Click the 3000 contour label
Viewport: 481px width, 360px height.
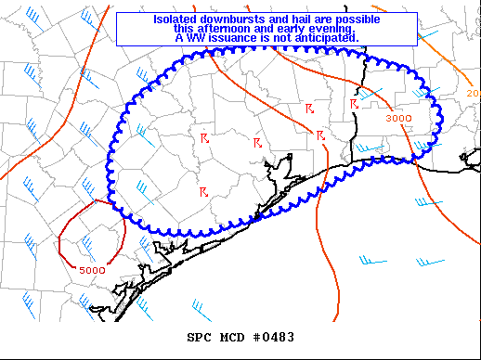[399, 118]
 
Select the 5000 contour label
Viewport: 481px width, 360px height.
[91, 269]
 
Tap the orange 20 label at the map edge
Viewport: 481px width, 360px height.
[473, 93]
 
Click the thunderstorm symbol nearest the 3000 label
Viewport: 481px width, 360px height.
[355, 104]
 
